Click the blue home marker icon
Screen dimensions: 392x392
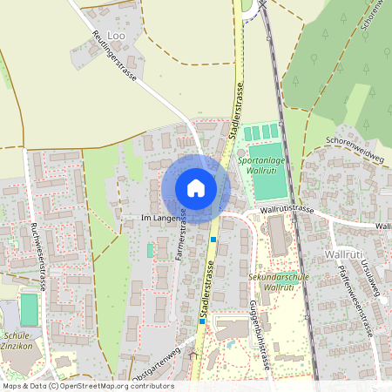pos(196,187)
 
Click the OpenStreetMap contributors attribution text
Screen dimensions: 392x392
pos(88,386)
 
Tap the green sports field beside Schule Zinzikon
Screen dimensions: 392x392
pos(29,310)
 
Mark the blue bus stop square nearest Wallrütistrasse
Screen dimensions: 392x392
pos(213,240)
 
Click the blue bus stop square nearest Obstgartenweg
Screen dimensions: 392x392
pos(202,321)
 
